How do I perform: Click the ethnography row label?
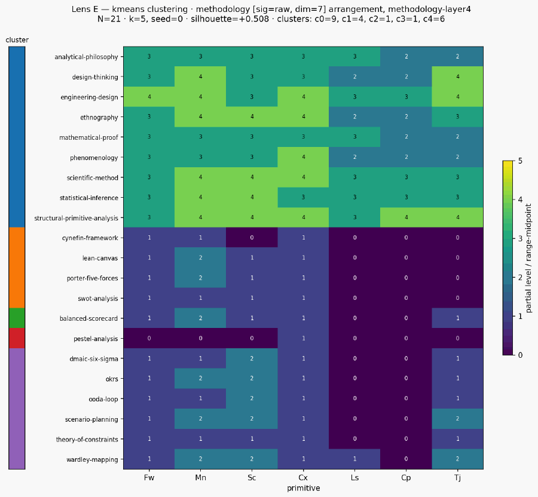[x=99, y=117]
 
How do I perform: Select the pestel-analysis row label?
[x=96, y=339]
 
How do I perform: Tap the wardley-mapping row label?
[x=92, y=459]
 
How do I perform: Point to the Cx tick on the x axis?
[x=303, y=477]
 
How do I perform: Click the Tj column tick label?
[x=457, y=477]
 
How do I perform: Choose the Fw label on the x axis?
[x=149, y=477]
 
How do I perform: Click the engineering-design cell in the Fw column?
[x=149, y=97]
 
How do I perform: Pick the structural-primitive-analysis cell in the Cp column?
[x=406, y=217]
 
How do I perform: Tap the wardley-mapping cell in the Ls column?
[x=354, y=459]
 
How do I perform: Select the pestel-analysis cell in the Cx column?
[x=303, y=338]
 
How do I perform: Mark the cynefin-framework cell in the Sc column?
[x=252, y=238]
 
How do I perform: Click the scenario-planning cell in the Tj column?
[x=457, y=419]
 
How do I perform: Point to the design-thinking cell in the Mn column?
[x=200, y=77]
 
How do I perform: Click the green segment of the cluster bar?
[x=17, y=318]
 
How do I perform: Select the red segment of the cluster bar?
[x=17, y=338]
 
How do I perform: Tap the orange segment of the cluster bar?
[x=17, y=268]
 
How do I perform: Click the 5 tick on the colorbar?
[x=520, y=161]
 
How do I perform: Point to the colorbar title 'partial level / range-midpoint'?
[x=529, y=257]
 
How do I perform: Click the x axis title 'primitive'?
[x=303, y=488]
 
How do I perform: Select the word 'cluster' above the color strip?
[x=17, y=40]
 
